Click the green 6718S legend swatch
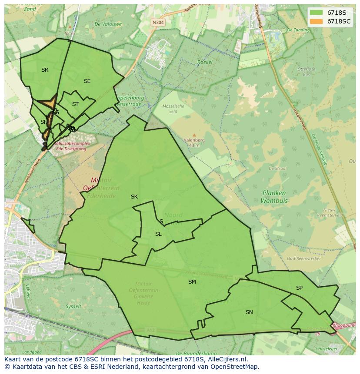click(317, 13)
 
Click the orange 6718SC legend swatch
click(317, 21)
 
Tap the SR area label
click(45, 70)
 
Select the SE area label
click(87, 81)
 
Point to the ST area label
click(75, 104)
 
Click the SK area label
click(134, 197)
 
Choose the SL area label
click(158, 234)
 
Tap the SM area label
click(192, 282)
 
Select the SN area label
click(249, 312)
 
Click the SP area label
click(299, 288)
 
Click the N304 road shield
click(158, 23)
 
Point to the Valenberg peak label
click(194, 140)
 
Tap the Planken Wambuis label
click(274, 197)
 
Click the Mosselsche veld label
click(173, 109)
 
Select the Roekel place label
click(205, 62)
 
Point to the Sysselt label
click(73, 306)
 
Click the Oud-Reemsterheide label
click(303, 258)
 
